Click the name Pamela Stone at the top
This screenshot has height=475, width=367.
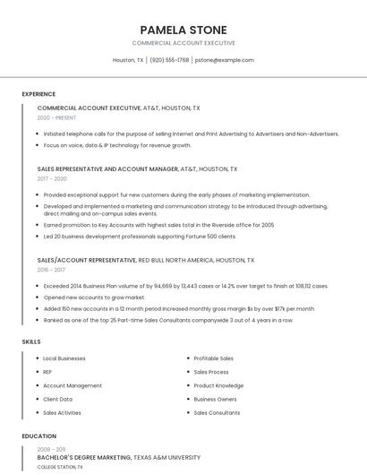pyautogui.click(x=183, y=30)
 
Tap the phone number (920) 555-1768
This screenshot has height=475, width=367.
pyautogui.click(x=169, y=60)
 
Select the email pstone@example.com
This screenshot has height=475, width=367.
pyautogui.click(x=225, y=60)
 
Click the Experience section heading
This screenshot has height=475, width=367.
pyautogui.click(x=38, y=94)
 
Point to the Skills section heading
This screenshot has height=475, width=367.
pyautogui.click(x=31, y=341)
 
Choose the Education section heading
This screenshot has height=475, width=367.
pyautogui.click(x=39, y=436)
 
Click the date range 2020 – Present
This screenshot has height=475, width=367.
pyautogui.click(x=56, y=117)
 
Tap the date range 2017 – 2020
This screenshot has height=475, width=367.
pyautogui.click(x=53, y=178)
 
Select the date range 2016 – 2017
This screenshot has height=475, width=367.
pyautogui.click(x=52, y=270)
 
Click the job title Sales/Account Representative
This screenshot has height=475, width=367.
pyautogui.click(x=87, y=260)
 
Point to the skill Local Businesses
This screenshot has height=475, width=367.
pyautogui.click(x=64, y=358)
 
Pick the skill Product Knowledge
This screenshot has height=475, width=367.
pyautogui.click(x=218, y=385)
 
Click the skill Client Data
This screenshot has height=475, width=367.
pyautogui.click(x=58, y=399)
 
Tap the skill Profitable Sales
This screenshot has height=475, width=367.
pyautogui.click(x=214, y=358)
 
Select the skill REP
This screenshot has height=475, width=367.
pyautogui.click(x=47, y=372)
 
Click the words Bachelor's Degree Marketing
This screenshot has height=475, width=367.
pyautogui.click(x=84, y=457)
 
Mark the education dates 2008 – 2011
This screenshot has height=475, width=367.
pyautogui.click(x=51, y=448)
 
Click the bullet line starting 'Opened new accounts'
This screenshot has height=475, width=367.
pyautogui.click(x=93, y=297)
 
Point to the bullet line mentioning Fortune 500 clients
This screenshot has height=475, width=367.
pyautogui.click(x=140, y=237)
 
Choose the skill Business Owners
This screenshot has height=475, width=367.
pyautogui.click(x=215, y=399)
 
